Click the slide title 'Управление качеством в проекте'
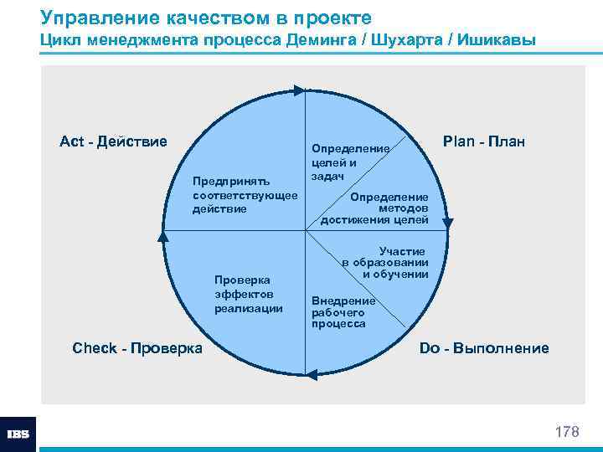coord(206,18)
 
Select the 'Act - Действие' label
coord(113,141)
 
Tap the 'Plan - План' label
coord(484,141)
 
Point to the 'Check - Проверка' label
coord(137,348)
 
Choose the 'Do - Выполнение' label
coord(484,348)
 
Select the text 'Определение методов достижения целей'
coord(377,208)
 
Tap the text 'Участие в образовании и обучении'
coord(387,263)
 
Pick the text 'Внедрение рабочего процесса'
coord(342,311)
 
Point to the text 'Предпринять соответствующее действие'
coord(245,194)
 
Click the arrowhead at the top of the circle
coord(299,88)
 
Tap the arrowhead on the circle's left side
coord(162,237)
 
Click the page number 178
coord(567,432)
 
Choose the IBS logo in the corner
coord(18,434)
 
